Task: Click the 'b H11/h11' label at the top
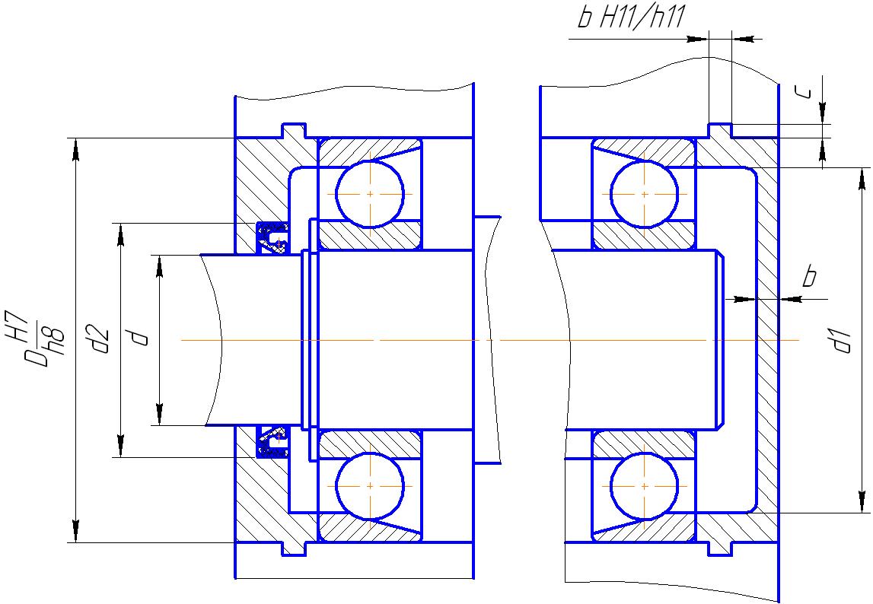click(630, 17)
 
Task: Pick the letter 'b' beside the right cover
click(810, 276)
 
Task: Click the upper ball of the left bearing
click(370, 194)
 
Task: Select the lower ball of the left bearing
click(370, 485)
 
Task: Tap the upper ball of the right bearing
click(644, 194)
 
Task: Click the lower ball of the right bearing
click(644, 485)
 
